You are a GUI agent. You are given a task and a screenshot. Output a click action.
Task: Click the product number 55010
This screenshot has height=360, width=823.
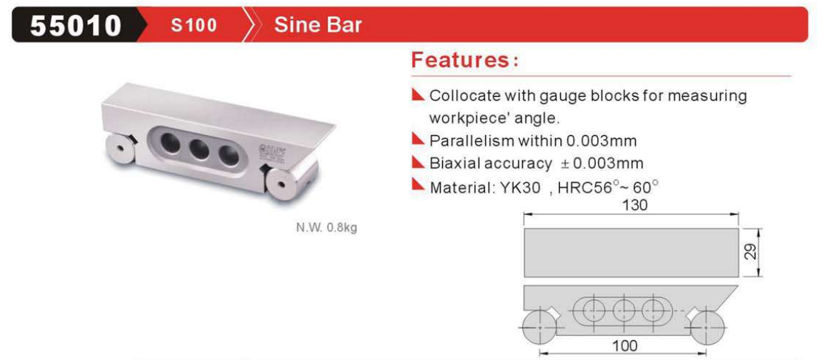(x=76, y=25)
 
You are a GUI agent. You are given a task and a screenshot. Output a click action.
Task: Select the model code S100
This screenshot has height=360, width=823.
(x=194, y=25)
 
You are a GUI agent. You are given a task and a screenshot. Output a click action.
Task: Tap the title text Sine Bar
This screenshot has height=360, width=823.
(x=317, y=25)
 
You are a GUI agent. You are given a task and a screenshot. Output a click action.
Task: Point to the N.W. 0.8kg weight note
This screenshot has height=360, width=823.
(x=326, y=229)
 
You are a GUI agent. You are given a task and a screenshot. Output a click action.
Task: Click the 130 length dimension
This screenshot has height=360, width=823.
(x=634, y=205)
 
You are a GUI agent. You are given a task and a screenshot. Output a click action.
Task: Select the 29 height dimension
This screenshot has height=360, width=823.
(x=751, y=253)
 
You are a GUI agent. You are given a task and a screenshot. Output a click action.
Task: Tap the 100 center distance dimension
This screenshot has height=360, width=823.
(x=625, y=346)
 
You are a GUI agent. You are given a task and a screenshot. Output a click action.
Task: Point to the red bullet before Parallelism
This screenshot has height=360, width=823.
(x=419, y=139)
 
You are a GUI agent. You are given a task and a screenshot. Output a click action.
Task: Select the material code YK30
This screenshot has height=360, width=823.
(x=518, y=187)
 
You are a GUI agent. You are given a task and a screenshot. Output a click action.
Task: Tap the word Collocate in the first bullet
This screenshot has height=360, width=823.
(x=462, y=96)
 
